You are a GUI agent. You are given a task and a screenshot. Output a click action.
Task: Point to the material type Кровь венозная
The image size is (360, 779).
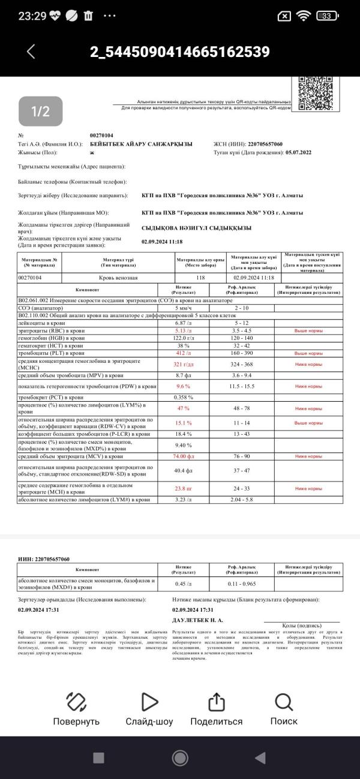(118, 278)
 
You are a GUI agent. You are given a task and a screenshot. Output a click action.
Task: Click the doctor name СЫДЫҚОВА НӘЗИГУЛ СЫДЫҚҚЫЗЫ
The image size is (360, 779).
(196, 228)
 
